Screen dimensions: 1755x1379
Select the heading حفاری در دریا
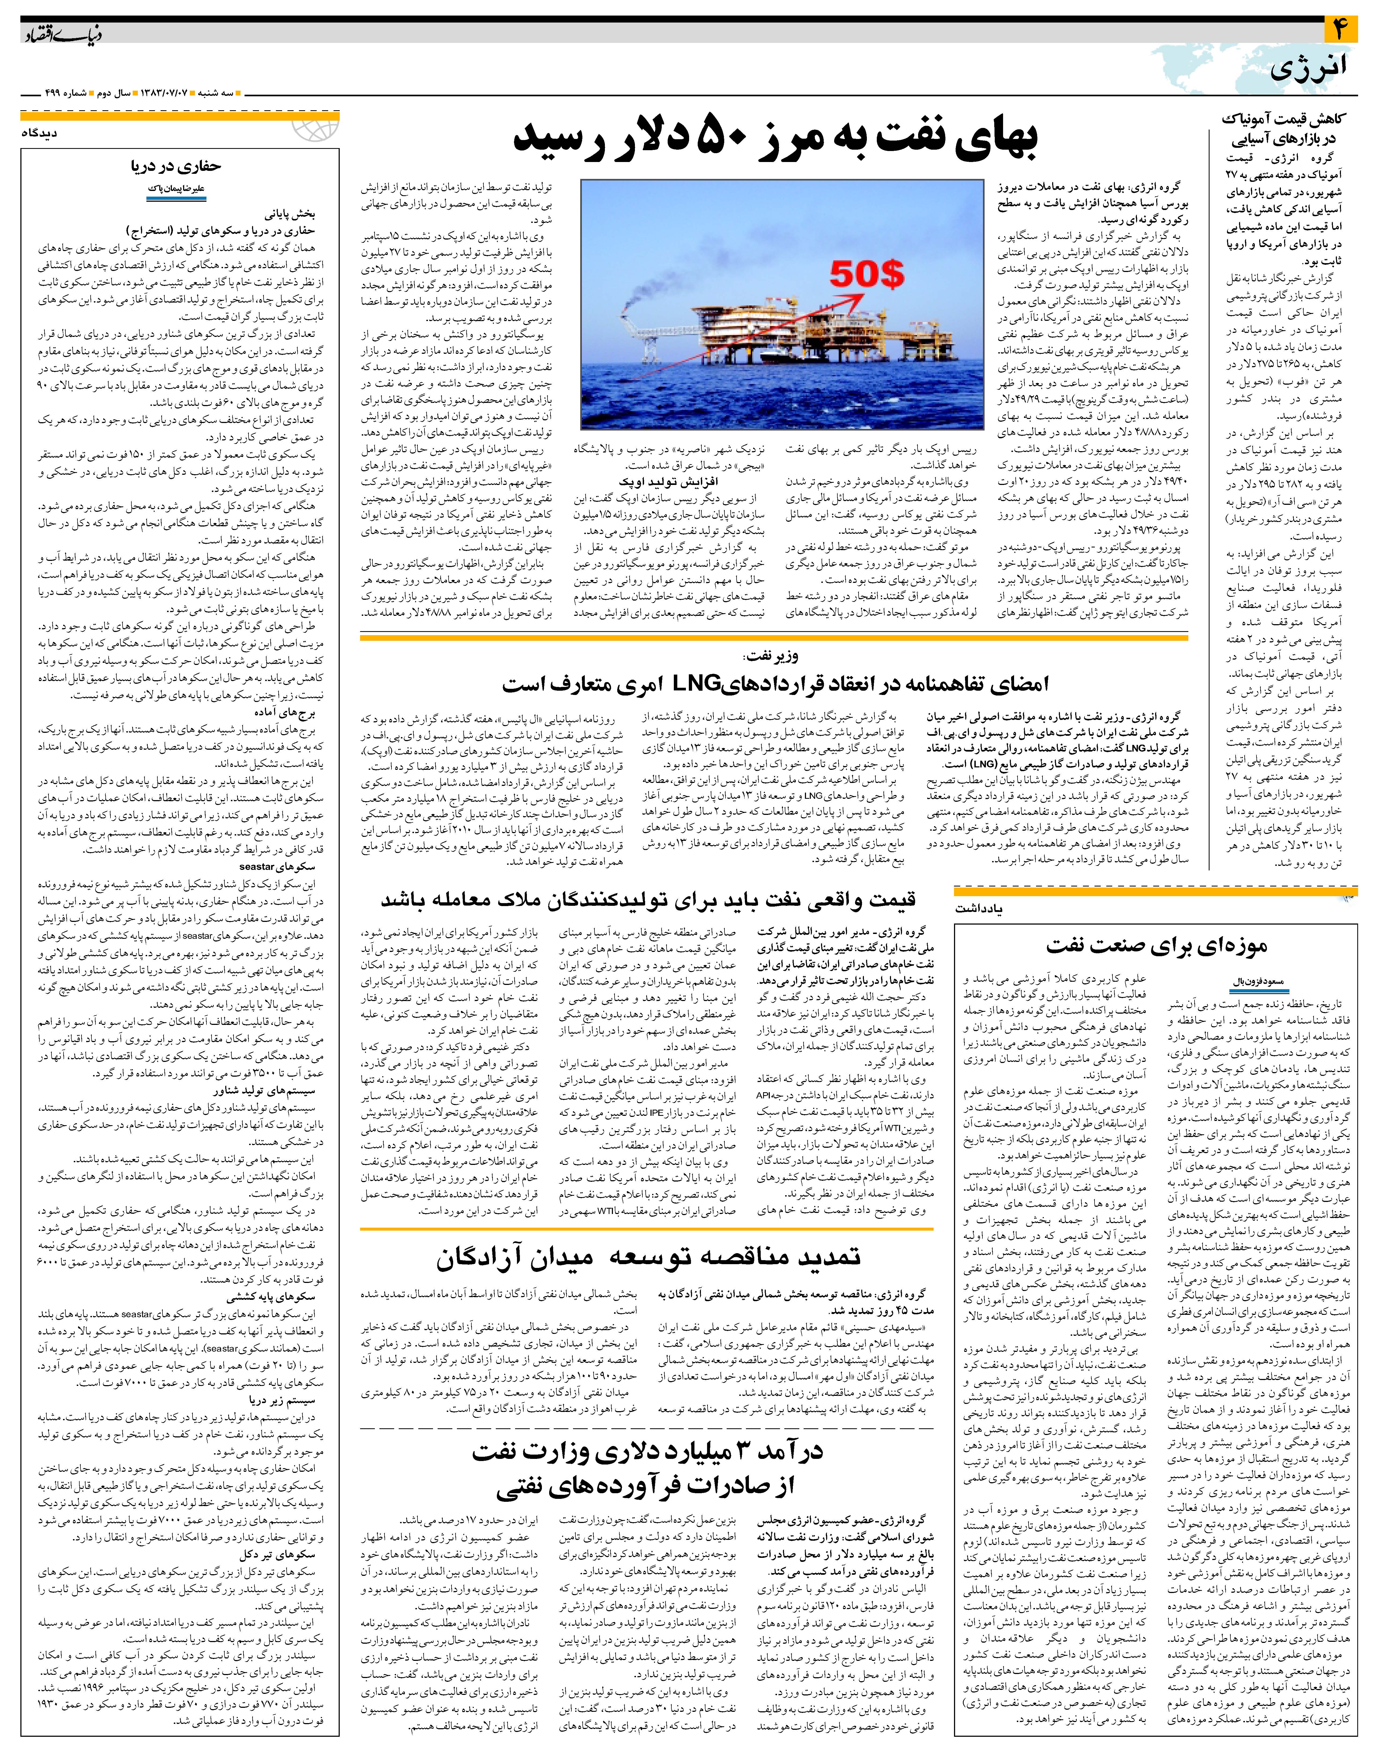pos(176,166)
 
